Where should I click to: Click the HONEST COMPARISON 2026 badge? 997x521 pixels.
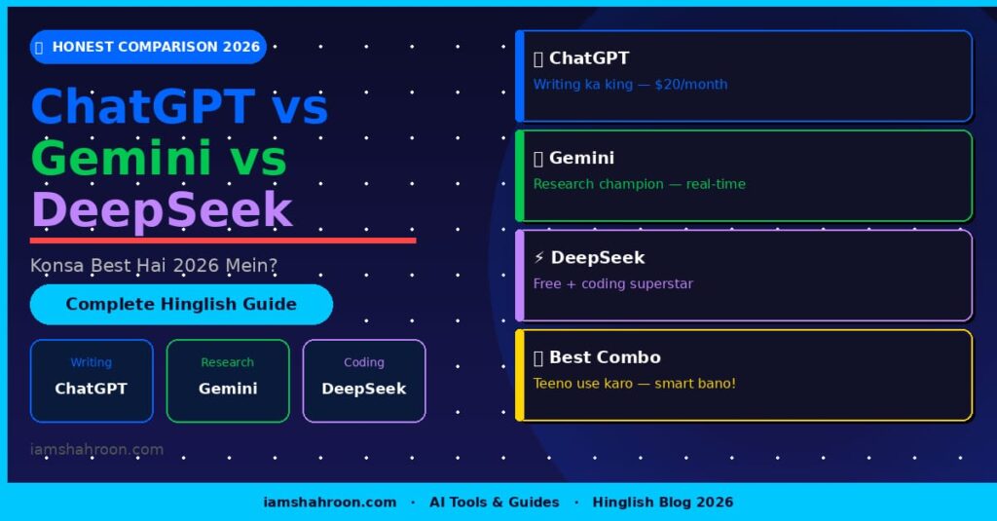(x=148, y=47)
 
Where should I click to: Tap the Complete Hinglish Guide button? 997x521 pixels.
(x=181, y=304)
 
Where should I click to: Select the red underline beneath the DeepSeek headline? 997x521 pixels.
(x=223, y=240)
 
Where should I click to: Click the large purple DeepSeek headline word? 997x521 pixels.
(x=162, y=209)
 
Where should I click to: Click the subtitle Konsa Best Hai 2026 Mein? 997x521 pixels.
(x=154, y=265)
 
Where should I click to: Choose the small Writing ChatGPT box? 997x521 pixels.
(x=92, y=381)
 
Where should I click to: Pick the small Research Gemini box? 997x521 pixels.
(x=228, y=381)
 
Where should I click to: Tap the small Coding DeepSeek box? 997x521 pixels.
(x=364, y=381)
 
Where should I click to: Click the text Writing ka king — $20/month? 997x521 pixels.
(x=630, y=85)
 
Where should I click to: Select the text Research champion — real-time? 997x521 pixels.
(x=639, y=184)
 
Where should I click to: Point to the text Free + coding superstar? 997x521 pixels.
(x=612, y=284)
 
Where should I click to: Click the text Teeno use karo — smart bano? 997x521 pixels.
(x=634, y=384)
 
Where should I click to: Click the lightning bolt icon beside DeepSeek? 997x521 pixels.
(x=539, y=258)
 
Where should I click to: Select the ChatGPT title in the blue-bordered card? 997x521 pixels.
(x=588, y=58)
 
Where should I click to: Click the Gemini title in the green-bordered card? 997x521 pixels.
(x=581, y=158)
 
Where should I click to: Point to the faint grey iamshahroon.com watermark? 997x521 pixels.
(x=96, y=450)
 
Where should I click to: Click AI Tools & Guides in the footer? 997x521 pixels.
(x=495, y=502)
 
